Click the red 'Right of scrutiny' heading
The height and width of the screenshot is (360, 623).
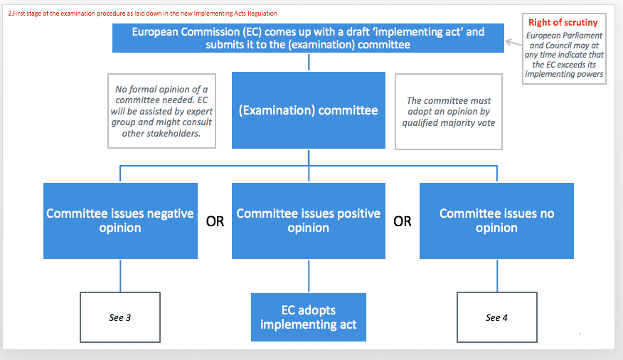pyautogui.click(x=563, y=23)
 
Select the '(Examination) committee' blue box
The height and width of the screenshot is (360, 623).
pyautogui.click(x=309, y=110)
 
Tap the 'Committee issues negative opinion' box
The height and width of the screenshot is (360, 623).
pyautogui.click(x=120, y=221)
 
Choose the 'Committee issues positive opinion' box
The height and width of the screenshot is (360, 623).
pyautogui.click(x=309, y=221)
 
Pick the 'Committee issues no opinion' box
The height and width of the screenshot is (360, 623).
pyautogui.click(x=496, y=221)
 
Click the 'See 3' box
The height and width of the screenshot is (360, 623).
pyautogui.click(x=120, y=317)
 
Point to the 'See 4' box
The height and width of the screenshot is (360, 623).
pyautogui.click(x=497, y=317)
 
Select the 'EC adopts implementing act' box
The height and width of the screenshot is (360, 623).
pyautogui.click(x=309, y=317)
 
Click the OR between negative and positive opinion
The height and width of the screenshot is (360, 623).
pyautogui.click(x=215, y=221)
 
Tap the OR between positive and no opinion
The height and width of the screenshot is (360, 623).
pyautogui.click(x=403, y=221)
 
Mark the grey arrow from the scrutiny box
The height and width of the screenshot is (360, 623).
pyautogui.click(x=513, y=43)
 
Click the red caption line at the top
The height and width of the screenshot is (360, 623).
pyautogui.click(x=143, y=14)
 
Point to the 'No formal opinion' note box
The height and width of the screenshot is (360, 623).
pyautogui.click(x=161, y=111)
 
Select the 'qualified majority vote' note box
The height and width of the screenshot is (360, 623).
pyautogui.click(x=449, y=112)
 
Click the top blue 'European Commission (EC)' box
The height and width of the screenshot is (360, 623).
pyautogui.click(x=309, y=38)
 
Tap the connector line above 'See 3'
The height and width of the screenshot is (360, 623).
pyautogui.click(x=120, y=275)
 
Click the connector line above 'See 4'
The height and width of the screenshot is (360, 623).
pyautogui.click(x=497, y=275)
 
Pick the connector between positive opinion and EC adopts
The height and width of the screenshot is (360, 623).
pyautogui.click(x=309, y=276)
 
